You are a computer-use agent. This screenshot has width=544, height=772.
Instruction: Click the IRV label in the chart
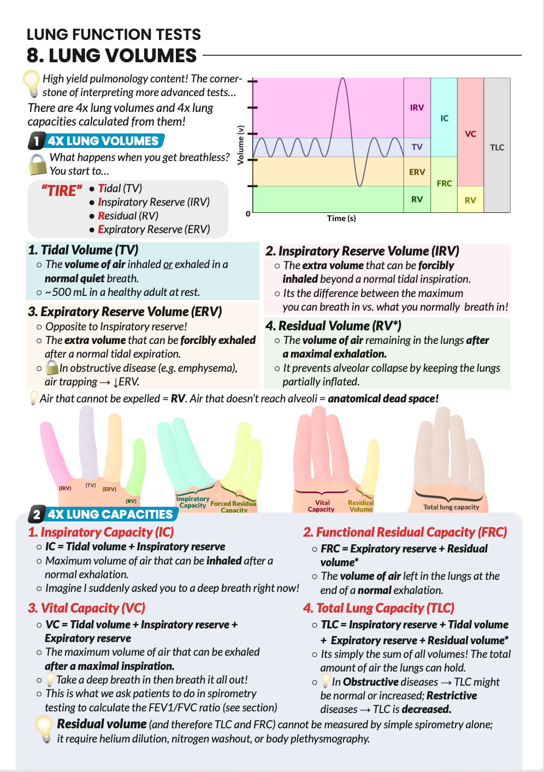[417, 108]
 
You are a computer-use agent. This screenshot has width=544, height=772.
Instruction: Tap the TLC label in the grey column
[497, 147]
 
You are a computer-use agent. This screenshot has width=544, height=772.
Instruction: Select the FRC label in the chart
[444, 183]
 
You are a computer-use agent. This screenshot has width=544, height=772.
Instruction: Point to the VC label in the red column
[470, 134]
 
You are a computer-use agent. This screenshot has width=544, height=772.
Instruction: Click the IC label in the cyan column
[444, 118]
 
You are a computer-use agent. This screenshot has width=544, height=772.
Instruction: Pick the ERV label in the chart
[417, 172]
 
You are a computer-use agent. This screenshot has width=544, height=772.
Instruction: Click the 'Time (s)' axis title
[341, 218]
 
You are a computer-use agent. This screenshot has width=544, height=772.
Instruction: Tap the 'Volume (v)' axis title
[240, 145]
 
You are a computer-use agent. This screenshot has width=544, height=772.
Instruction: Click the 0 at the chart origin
[248, 214]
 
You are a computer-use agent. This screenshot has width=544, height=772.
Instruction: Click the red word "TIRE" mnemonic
[62, 191]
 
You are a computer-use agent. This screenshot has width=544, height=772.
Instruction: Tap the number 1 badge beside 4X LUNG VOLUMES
[36, 141]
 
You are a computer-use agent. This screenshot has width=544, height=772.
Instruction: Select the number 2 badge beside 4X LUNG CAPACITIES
[36, 514]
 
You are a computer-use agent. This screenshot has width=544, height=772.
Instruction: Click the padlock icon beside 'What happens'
[37, 164]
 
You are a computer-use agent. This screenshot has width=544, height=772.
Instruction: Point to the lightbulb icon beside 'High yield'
[31, 83]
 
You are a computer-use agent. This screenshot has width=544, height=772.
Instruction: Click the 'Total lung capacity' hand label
[451, 507]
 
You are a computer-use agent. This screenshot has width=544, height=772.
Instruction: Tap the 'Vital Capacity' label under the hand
[322, 506]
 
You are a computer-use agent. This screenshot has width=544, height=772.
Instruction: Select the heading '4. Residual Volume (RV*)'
[333, 326]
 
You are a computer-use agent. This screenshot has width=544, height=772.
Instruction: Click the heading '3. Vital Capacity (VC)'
[86, 608]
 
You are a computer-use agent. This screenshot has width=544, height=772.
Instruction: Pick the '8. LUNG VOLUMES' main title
[111, 56]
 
